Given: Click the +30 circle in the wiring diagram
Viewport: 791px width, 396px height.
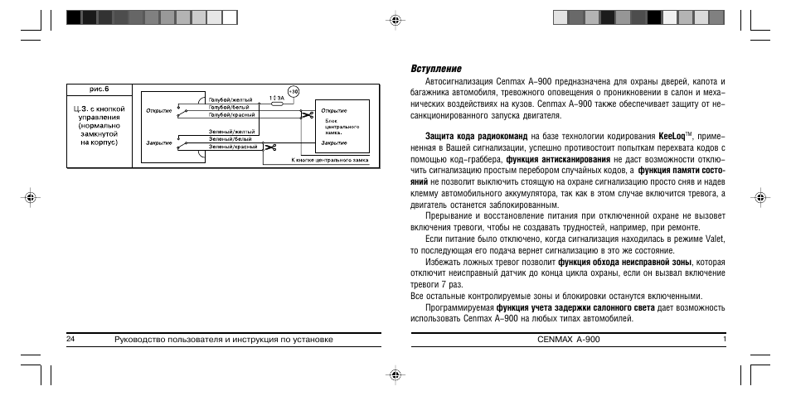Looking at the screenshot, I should click(x=294, y=90).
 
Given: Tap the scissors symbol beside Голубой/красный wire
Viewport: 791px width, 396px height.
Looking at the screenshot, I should click(x=306, y=115).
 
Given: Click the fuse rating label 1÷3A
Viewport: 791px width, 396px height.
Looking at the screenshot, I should click(x=276, y=98).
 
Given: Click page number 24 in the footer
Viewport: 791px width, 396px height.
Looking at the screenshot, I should click(x=70, y=340).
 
